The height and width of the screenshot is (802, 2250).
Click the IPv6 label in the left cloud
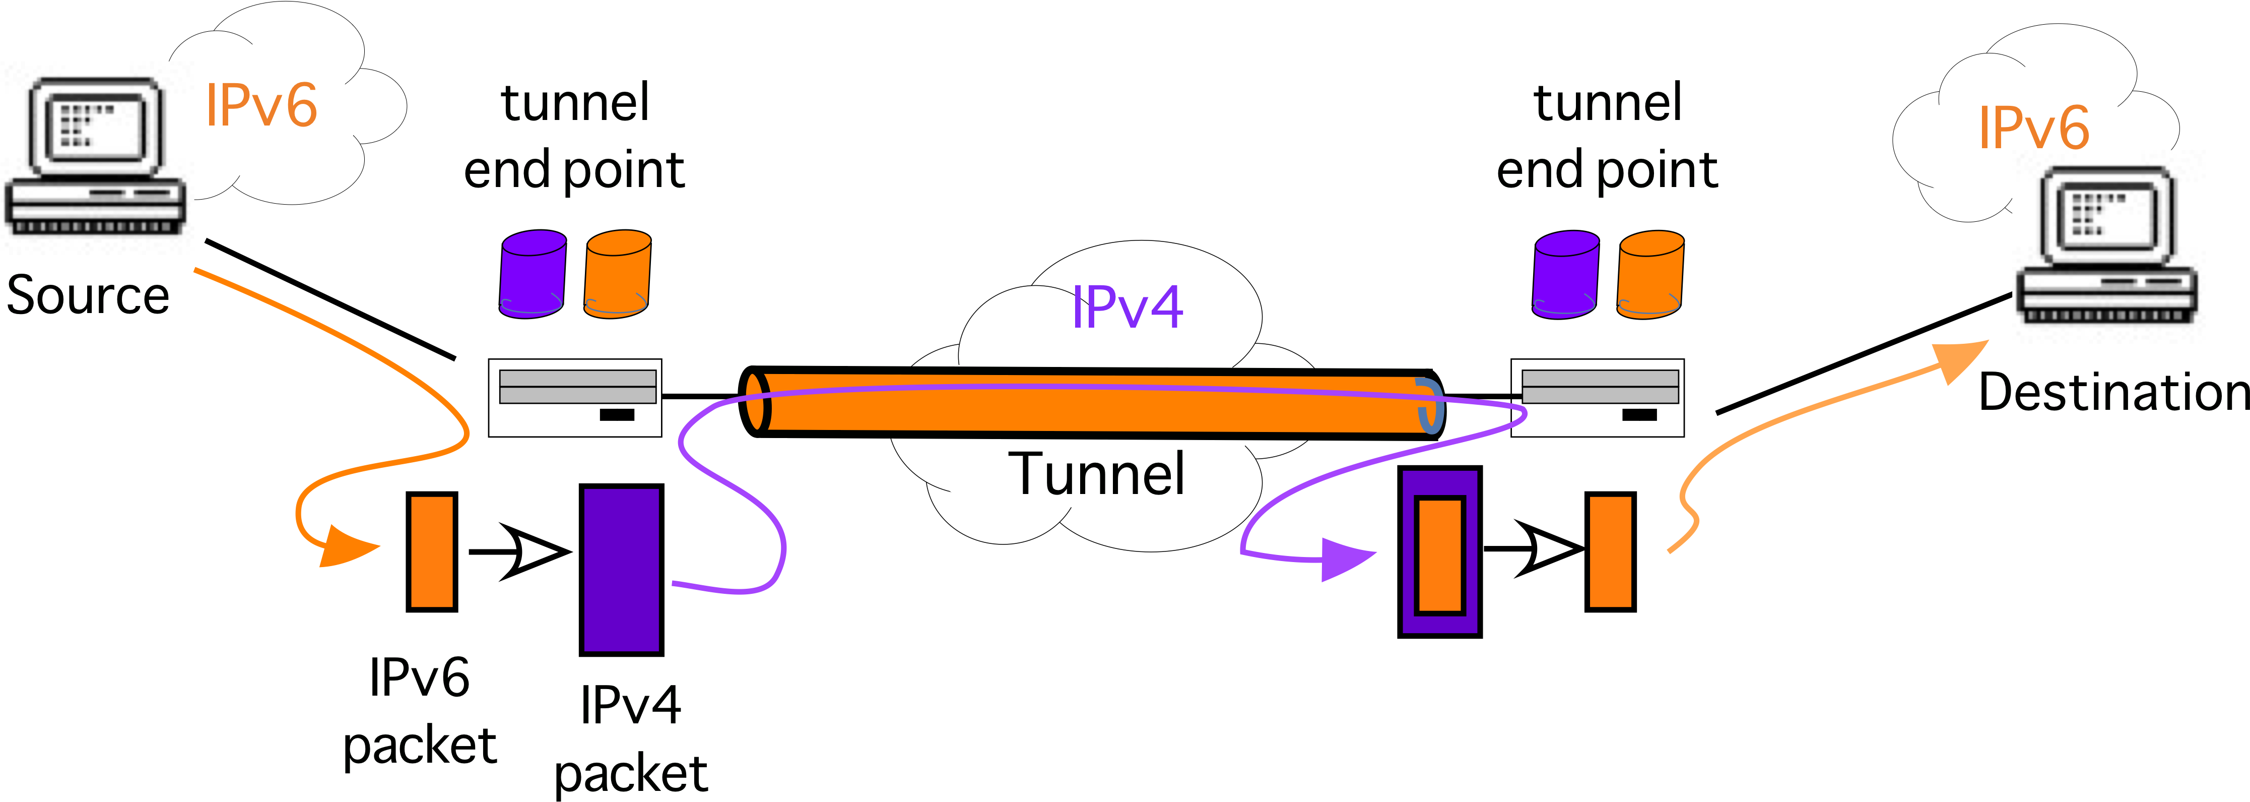(261, 106)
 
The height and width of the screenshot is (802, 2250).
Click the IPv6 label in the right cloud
(2033, 128)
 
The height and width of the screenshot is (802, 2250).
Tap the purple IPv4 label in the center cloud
(1127, 307)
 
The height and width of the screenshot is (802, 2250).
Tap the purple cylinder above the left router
(532, 273)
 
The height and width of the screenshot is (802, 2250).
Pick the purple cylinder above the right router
(1565, 273)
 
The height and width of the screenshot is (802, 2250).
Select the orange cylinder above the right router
(1650, 273)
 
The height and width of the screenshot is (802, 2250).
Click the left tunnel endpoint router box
(575, 398)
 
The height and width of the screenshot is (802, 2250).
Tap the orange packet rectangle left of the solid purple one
(431, 551)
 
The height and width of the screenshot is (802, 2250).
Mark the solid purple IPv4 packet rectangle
(621, 570)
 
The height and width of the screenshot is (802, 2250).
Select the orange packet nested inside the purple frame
(1439, 554)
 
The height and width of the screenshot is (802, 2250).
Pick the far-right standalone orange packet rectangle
(1610, 551)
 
